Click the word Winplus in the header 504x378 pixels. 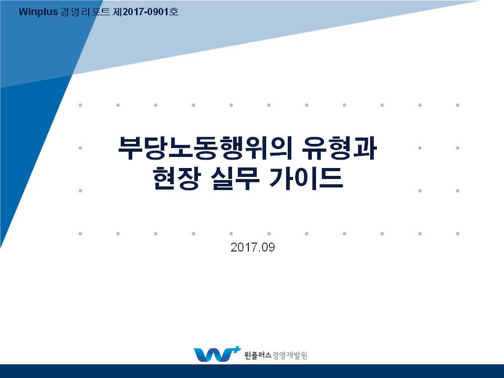click(38, 12)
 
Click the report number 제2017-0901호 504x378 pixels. click(145, 12)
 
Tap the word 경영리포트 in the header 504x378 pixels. click(85, 12)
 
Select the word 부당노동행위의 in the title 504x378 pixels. click(205, 148)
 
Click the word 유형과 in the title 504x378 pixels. click(339, 148)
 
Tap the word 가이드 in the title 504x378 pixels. click(306, 178)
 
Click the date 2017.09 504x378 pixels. click(253, 247)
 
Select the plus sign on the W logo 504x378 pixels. click(236, 350)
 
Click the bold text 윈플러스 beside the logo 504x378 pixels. click(258, 355)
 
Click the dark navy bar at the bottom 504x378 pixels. click(252, 371)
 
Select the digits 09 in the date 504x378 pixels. click(268, 247)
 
